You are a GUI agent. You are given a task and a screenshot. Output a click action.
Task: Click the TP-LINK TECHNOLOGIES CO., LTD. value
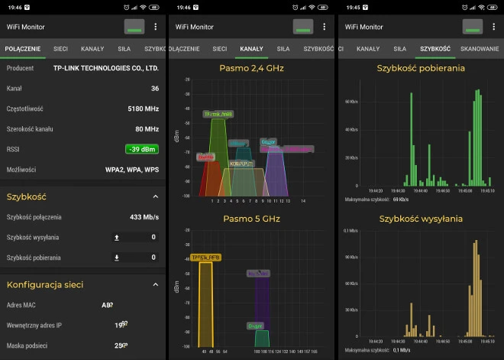[x=106, y=68]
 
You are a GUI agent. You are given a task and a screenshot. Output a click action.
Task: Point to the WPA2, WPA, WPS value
[x=131, y=169]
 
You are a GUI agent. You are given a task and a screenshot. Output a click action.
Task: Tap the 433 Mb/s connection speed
[x=144, y=217]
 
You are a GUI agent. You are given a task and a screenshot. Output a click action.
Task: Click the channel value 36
[x=154, y=88]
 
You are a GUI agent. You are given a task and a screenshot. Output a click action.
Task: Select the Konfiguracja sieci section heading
[x=45, y=284]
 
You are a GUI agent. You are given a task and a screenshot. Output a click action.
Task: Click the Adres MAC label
[x=22, y=305]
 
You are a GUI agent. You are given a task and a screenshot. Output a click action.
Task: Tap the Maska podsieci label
[x=27, y=345]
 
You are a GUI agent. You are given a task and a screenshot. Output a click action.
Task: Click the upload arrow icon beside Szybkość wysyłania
[x=117, y=237]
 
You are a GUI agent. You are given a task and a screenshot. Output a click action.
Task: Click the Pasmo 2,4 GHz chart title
[x=251, y=68]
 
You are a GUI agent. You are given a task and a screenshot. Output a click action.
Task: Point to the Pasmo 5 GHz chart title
[x=251, y=219]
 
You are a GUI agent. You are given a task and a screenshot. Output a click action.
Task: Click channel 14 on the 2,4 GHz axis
[x=302, y=200]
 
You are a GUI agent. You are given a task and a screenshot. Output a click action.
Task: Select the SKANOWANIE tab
[x=480, y=48]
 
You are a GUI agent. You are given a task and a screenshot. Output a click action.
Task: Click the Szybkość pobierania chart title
[x=421, y=68]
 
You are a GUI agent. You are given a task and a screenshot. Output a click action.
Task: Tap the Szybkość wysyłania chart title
[x=421, y=219]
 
